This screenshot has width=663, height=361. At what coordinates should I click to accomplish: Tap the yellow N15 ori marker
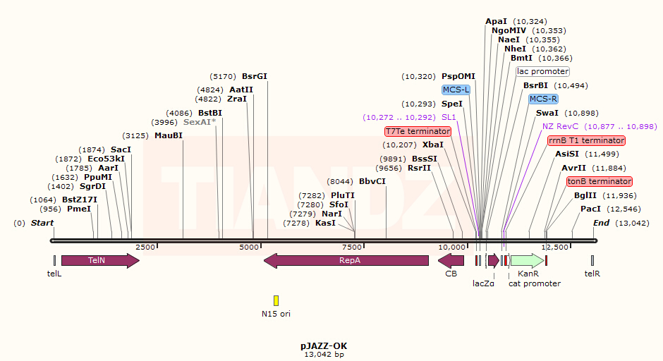click(276, 300)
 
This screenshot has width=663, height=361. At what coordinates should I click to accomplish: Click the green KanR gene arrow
click(526, 261)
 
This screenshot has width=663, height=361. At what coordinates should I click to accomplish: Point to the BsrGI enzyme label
click(255, 76)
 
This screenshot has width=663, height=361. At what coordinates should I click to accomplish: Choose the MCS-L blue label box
click(456, 90)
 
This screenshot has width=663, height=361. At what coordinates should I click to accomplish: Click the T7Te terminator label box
click(418, 131)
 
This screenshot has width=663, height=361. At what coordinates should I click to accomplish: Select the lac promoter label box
click(543, 71)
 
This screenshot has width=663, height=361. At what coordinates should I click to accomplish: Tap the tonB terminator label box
click(599, 181)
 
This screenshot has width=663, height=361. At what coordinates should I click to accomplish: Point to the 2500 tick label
click(145, 247)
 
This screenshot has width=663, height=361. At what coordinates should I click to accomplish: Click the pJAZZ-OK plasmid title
click(324, 345)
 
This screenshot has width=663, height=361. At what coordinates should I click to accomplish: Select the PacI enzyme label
click(590, 209)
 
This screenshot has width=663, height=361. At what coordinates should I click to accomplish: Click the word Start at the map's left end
click(42, 223)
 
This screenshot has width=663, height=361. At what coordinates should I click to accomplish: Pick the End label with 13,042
click(601, 223)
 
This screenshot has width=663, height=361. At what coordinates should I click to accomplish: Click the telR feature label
click(592, 274)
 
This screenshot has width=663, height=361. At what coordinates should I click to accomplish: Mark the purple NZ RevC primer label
click(561, 126)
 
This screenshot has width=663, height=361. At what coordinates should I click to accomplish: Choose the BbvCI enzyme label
click(372, 181)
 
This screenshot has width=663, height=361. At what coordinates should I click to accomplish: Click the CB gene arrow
click(451, 261)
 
